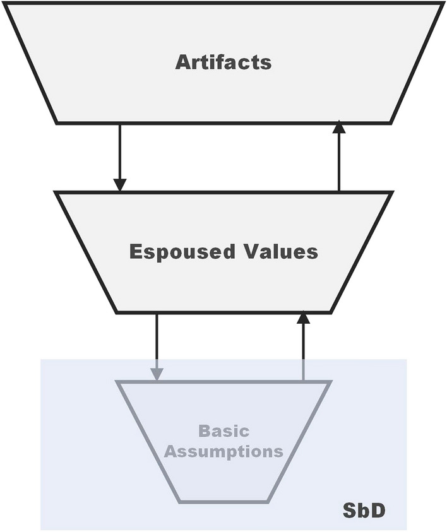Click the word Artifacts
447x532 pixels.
pos(223,62)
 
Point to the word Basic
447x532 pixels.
pos(223,432)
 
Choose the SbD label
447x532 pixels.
pos(364,510)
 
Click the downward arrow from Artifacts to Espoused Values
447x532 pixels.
pos(119,155)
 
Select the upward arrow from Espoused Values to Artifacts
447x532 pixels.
pos(339,158)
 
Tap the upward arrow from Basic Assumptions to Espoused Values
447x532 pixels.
pos(304,347)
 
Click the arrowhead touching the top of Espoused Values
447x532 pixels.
pos(119,184)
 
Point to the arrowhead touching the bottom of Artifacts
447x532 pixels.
pos(339,127)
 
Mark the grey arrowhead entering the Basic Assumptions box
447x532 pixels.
pos(157,374)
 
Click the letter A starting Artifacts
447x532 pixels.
pos(183,62)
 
